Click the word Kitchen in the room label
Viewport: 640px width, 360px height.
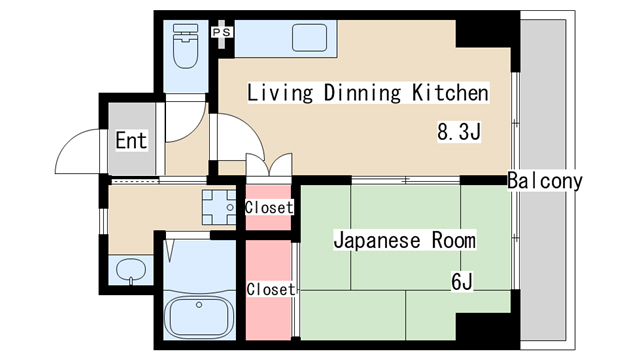point(449,94)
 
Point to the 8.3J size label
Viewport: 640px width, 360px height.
point(459,130)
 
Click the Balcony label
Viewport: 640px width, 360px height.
point(544,181)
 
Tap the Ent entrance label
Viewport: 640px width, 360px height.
point(131,140)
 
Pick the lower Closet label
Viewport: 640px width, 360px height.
point(271,289)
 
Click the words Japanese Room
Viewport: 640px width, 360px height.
point(404,241)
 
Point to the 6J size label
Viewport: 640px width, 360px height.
point(461,282)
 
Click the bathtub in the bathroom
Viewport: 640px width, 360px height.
point(198,317)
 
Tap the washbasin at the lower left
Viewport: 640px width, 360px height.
point(130,269)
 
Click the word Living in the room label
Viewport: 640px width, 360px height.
point(281,94)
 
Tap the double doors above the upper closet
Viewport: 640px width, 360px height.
point(267,168)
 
